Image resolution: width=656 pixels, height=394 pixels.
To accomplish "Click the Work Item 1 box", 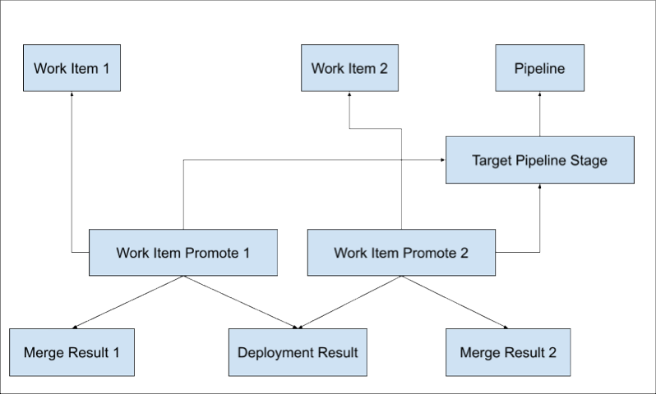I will click(x=72, y=68).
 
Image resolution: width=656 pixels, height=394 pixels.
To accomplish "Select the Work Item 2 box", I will click(x=349, y=68).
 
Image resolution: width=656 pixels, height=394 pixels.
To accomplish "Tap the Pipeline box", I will click(x=539, y=68).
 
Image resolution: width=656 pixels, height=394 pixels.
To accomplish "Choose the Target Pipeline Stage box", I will click(x=539, y=160).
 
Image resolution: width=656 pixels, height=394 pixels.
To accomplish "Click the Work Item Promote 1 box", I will click(x=182, y=253).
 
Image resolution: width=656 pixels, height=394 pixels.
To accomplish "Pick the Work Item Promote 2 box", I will click(x=401, y=253).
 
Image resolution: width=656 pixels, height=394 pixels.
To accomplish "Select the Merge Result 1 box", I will click(x=72, y=353).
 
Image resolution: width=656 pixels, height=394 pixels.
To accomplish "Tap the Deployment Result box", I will click(x=298, y=353).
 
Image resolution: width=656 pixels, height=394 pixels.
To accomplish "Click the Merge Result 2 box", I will click(x=508, y=353).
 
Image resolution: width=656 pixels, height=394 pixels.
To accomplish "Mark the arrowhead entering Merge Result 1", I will click(x=76, y=327).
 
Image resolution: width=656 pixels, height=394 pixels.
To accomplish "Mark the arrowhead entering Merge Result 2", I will click(x=505, y=327).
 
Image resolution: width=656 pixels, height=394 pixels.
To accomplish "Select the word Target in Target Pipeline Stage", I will click(x=491, y=160).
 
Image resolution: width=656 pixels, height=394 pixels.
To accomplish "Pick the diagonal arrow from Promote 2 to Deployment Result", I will click(x=349, y=301).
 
